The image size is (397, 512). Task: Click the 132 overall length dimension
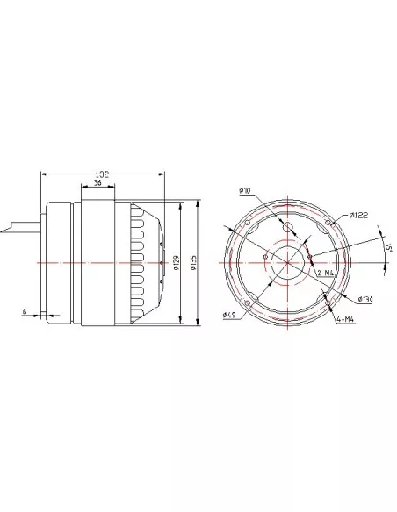[102, 174]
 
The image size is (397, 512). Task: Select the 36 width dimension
[97, 183]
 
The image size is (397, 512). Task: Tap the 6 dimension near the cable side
[25, 311]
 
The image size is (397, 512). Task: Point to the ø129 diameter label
[176, 262]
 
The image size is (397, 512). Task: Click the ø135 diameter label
[193, 262]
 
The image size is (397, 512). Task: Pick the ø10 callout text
[244, 190]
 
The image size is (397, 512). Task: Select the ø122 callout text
[358, 215]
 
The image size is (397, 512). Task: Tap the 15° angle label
[389, 247]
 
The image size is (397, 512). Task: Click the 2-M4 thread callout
[325, 273]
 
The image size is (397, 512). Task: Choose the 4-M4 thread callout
[345, 320]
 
